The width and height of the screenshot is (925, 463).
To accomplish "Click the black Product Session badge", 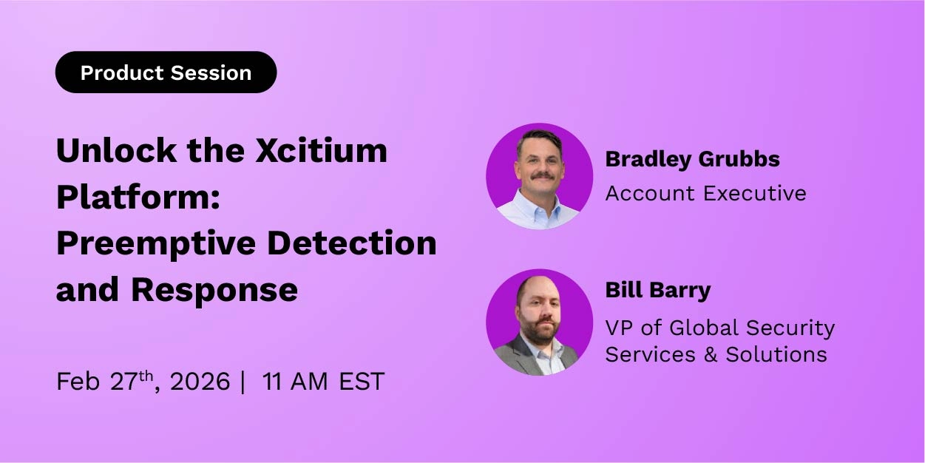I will coord(166,72).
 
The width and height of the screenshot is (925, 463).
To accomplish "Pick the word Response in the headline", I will coord(214,289).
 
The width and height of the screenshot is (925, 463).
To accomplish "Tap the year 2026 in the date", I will coord(200,382).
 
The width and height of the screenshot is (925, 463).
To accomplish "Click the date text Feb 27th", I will coord(107,381).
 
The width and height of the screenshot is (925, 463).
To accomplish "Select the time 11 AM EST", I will coord(323,382).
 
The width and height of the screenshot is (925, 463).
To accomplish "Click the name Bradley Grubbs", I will coord(692,158).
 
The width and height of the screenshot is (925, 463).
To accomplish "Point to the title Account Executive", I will coord(705,193).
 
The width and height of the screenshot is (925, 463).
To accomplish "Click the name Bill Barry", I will coord(657,290).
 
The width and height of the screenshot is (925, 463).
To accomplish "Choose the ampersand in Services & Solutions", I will coord(711,354).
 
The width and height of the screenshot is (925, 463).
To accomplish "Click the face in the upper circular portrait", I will coord(540,163).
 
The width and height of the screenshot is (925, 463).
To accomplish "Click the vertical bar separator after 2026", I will coord(243,382).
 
